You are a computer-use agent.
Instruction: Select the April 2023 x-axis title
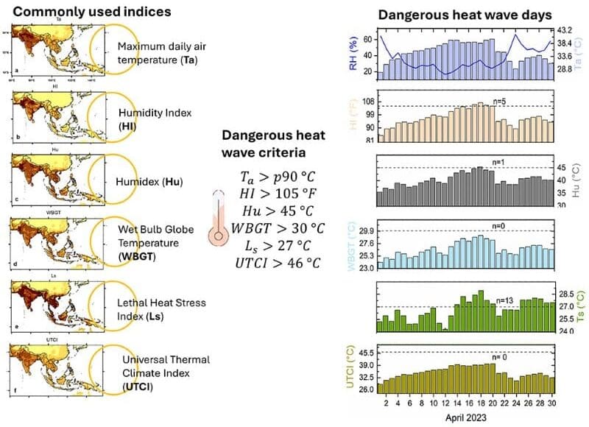pos(465,417)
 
